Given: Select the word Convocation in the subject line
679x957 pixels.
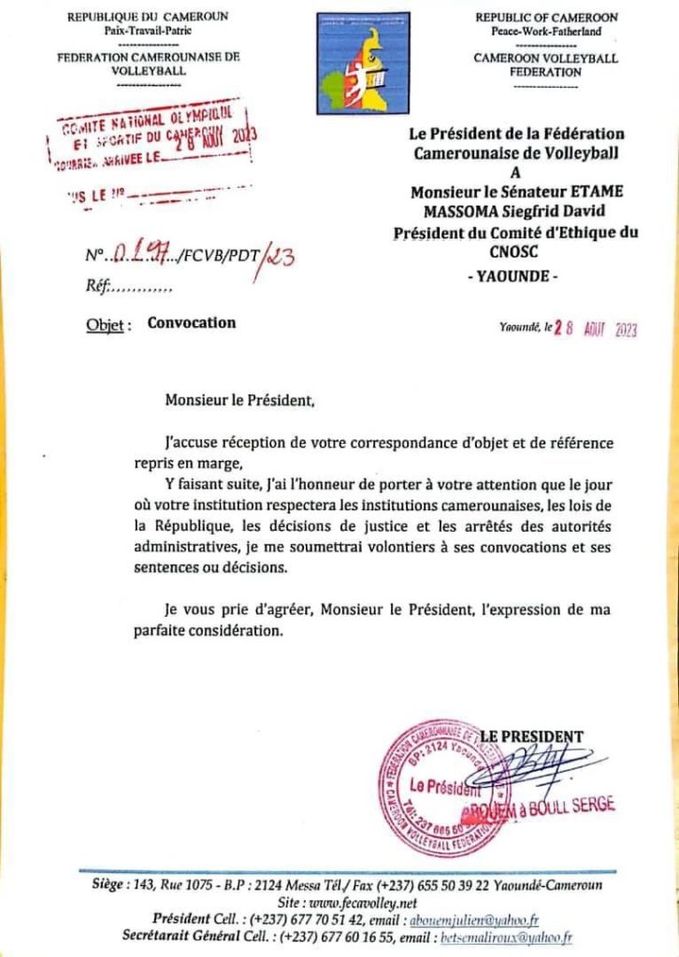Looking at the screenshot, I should pos(192,323).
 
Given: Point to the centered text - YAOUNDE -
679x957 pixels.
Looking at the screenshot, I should pos(511,277).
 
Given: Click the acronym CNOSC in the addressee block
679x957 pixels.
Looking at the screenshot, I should pos(511,251).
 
